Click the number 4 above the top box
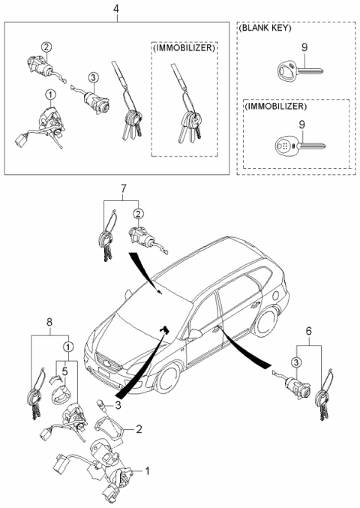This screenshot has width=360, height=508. coord(115,9)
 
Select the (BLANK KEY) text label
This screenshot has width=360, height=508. coord(265,28)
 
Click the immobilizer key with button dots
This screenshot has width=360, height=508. coord(295,145)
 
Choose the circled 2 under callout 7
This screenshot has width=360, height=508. coord(138,212)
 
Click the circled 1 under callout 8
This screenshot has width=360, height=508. coord(67,347)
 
